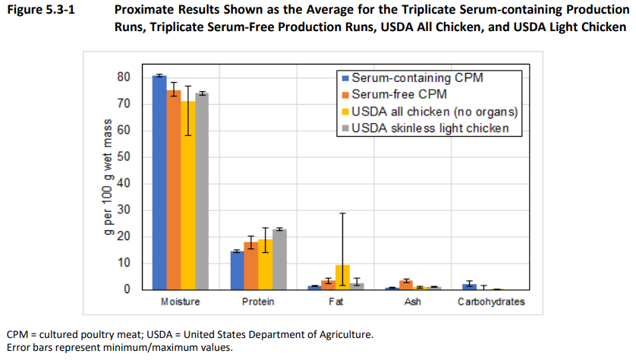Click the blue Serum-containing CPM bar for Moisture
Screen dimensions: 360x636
[x=159, y=182]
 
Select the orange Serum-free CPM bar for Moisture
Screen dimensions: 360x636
[x=174, y=190]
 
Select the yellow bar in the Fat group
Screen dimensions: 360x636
[x=342, y=277]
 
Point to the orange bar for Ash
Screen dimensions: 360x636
[x=406, y=285]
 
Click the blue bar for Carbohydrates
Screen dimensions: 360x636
[x=471, y=286]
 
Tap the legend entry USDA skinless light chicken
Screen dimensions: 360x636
[x=430, y=128]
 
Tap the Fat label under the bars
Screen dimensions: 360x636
[x=335, y=302]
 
